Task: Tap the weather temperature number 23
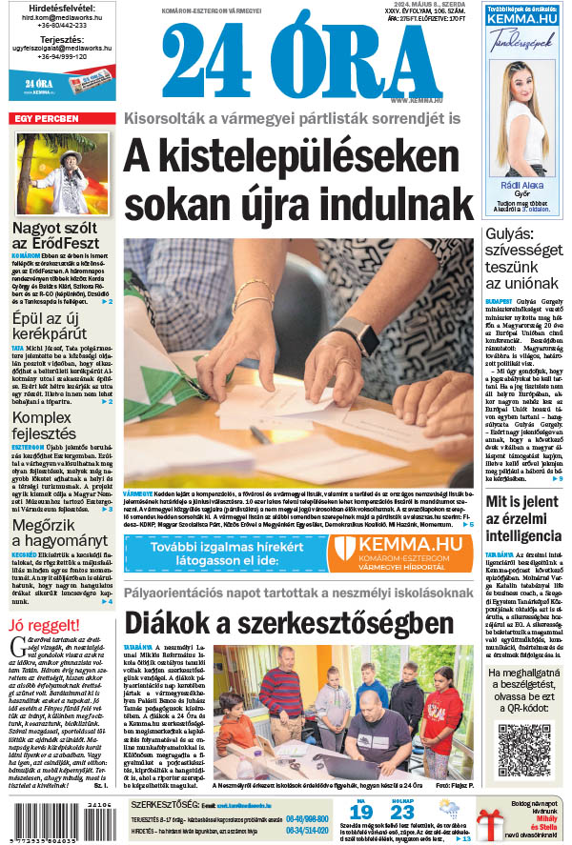point(402,812)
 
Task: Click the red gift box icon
point(492,820)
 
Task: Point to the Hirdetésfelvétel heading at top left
point(61,9)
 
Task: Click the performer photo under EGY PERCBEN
point(62,173)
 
